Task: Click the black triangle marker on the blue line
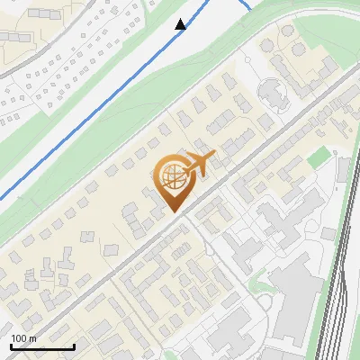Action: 181,24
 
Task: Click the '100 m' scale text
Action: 23,337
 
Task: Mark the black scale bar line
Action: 42,346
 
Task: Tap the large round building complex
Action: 270,91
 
